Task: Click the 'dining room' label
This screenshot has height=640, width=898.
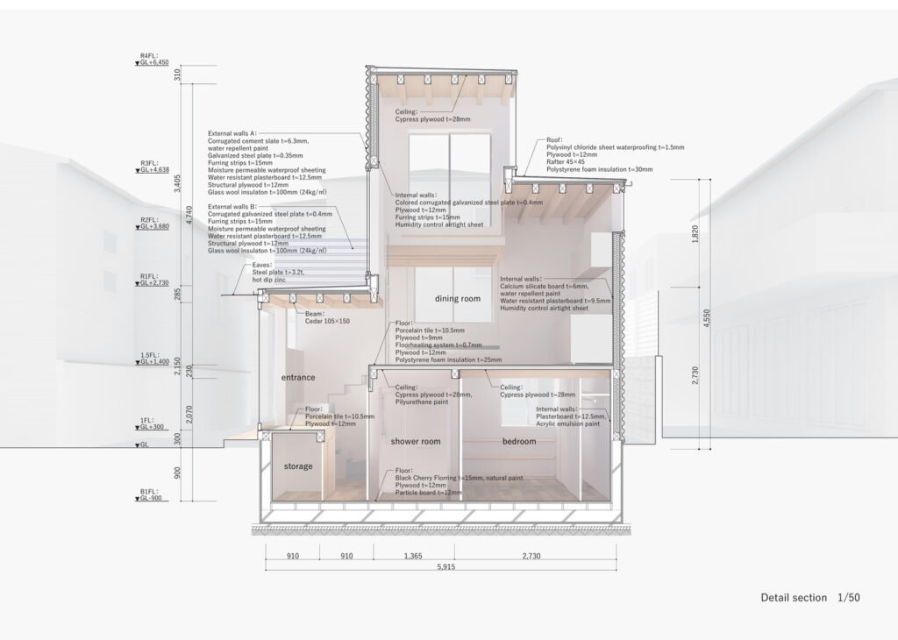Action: (x=457, y=299)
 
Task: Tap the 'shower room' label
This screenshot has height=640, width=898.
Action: (x=415, y=441)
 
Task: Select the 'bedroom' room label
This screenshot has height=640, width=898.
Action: (x=519, y=441)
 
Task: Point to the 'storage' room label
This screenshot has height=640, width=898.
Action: (x=298, y=466)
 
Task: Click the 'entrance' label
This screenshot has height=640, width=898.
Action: (x=298, y=378)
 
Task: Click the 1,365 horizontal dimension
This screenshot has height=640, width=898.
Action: (x=413, y=556)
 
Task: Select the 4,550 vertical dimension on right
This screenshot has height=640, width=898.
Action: (x=707, y=318)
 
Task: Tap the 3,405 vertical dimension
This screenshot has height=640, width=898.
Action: (x=177, y=184)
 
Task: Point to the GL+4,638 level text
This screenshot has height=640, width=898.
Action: (x=154, y=170)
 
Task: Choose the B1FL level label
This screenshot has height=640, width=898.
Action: (x=148, y=492)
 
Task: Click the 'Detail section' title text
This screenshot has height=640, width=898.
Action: (x=794, y=598)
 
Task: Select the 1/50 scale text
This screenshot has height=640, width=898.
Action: (x=849, y=598)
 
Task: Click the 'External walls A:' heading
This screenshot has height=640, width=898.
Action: (x=232, y=133)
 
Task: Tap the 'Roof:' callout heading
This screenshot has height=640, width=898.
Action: (x=554, y=139)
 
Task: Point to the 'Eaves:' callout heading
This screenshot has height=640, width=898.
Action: (x=262, y=265)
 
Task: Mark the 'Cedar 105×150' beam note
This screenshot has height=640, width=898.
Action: (x=327, y=321)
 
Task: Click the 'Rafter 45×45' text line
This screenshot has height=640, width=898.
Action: (x=566, y=162)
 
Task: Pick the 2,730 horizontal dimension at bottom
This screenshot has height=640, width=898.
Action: (x=531, y=556)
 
